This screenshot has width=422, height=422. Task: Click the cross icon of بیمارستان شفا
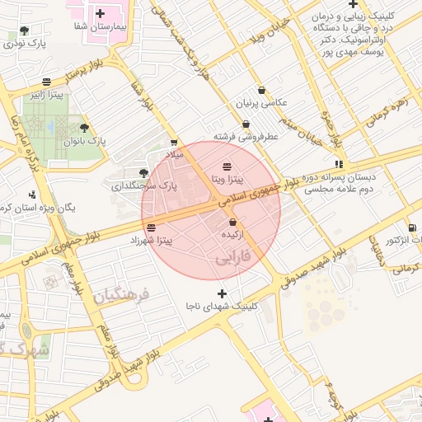coord(101,13)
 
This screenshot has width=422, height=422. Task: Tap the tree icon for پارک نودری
coord(24,30)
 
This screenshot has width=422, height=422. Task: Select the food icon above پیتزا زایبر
coord(46,82)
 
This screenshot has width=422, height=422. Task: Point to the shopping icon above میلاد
coord(173,143)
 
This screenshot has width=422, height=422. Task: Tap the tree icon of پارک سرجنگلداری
coord(144,173)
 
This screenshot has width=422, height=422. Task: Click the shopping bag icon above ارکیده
coord(232,223)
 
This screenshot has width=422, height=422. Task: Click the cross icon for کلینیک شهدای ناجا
coord(221,293)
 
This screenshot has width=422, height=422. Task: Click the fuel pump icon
coord(412,227)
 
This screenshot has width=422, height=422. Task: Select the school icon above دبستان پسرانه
coord(340,164)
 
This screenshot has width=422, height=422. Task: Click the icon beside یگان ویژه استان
coord(32,195)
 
